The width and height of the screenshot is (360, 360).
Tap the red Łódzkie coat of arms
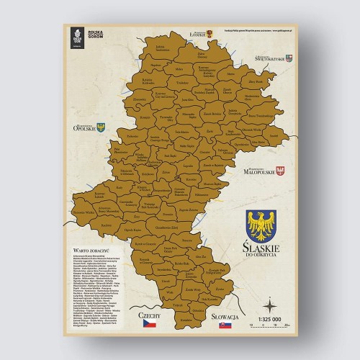pyautogui.click(x=210, y=34)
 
